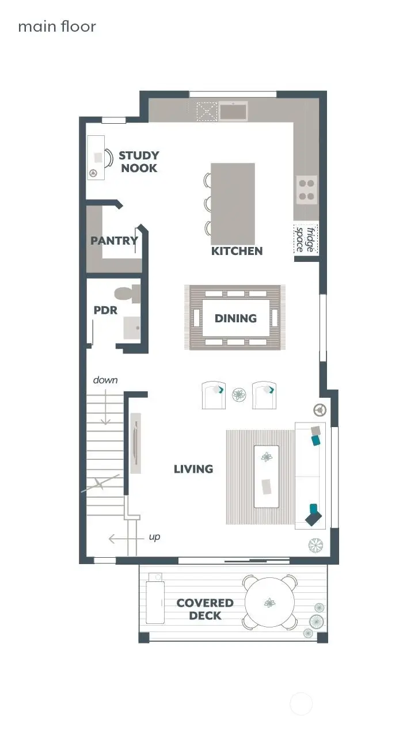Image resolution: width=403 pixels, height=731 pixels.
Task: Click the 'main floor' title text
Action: [57, 26]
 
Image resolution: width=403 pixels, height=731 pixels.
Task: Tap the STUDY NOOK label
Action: [139, 162]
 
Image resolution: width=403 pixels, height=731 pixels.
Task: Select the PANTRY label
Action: [114, 241]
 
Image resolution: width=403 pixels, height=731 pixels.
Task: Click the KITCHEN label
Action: [237, 251]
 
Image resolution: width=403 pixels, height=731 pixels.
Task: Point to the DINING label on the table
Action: [235, 318]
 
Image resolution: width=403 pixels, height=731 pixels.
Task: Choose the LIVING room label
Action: [193, 469]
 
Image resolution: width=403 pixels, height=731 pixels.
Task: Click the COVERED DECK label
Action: [205, 609]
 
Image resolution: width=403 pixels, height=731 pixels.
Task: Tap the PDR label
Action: [105, 310]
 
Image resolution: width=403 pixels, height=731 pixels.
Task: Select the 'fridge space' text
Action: [305, 239]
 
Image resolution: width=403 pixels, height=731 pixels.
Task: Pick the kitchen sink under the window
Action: [233, 111]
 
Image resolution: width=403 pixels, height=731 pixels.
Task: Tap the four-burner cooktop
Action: [306, 189]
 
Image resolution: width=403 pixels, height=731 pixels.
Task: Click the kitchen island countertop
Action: [233, 203]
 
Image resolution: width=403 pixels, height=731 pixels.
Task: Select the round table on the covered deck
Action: [270, 603]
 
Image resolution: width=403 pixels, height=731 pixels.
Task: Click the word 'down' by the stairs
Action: [105, 380]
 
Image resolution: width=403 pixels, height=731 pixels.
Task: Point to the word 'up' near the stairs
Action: [154, 537]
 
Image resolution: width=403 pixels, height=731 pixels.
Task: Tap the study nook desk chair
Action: [108, 157]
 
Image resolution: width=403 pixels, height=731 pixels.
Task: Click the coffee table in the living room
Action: [266, 476]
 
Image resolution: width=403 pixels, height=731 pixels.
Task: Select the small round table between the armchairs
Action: [238, 395]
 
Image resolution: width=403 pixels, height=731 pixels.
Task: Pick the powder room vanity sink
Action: [132, 328]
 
